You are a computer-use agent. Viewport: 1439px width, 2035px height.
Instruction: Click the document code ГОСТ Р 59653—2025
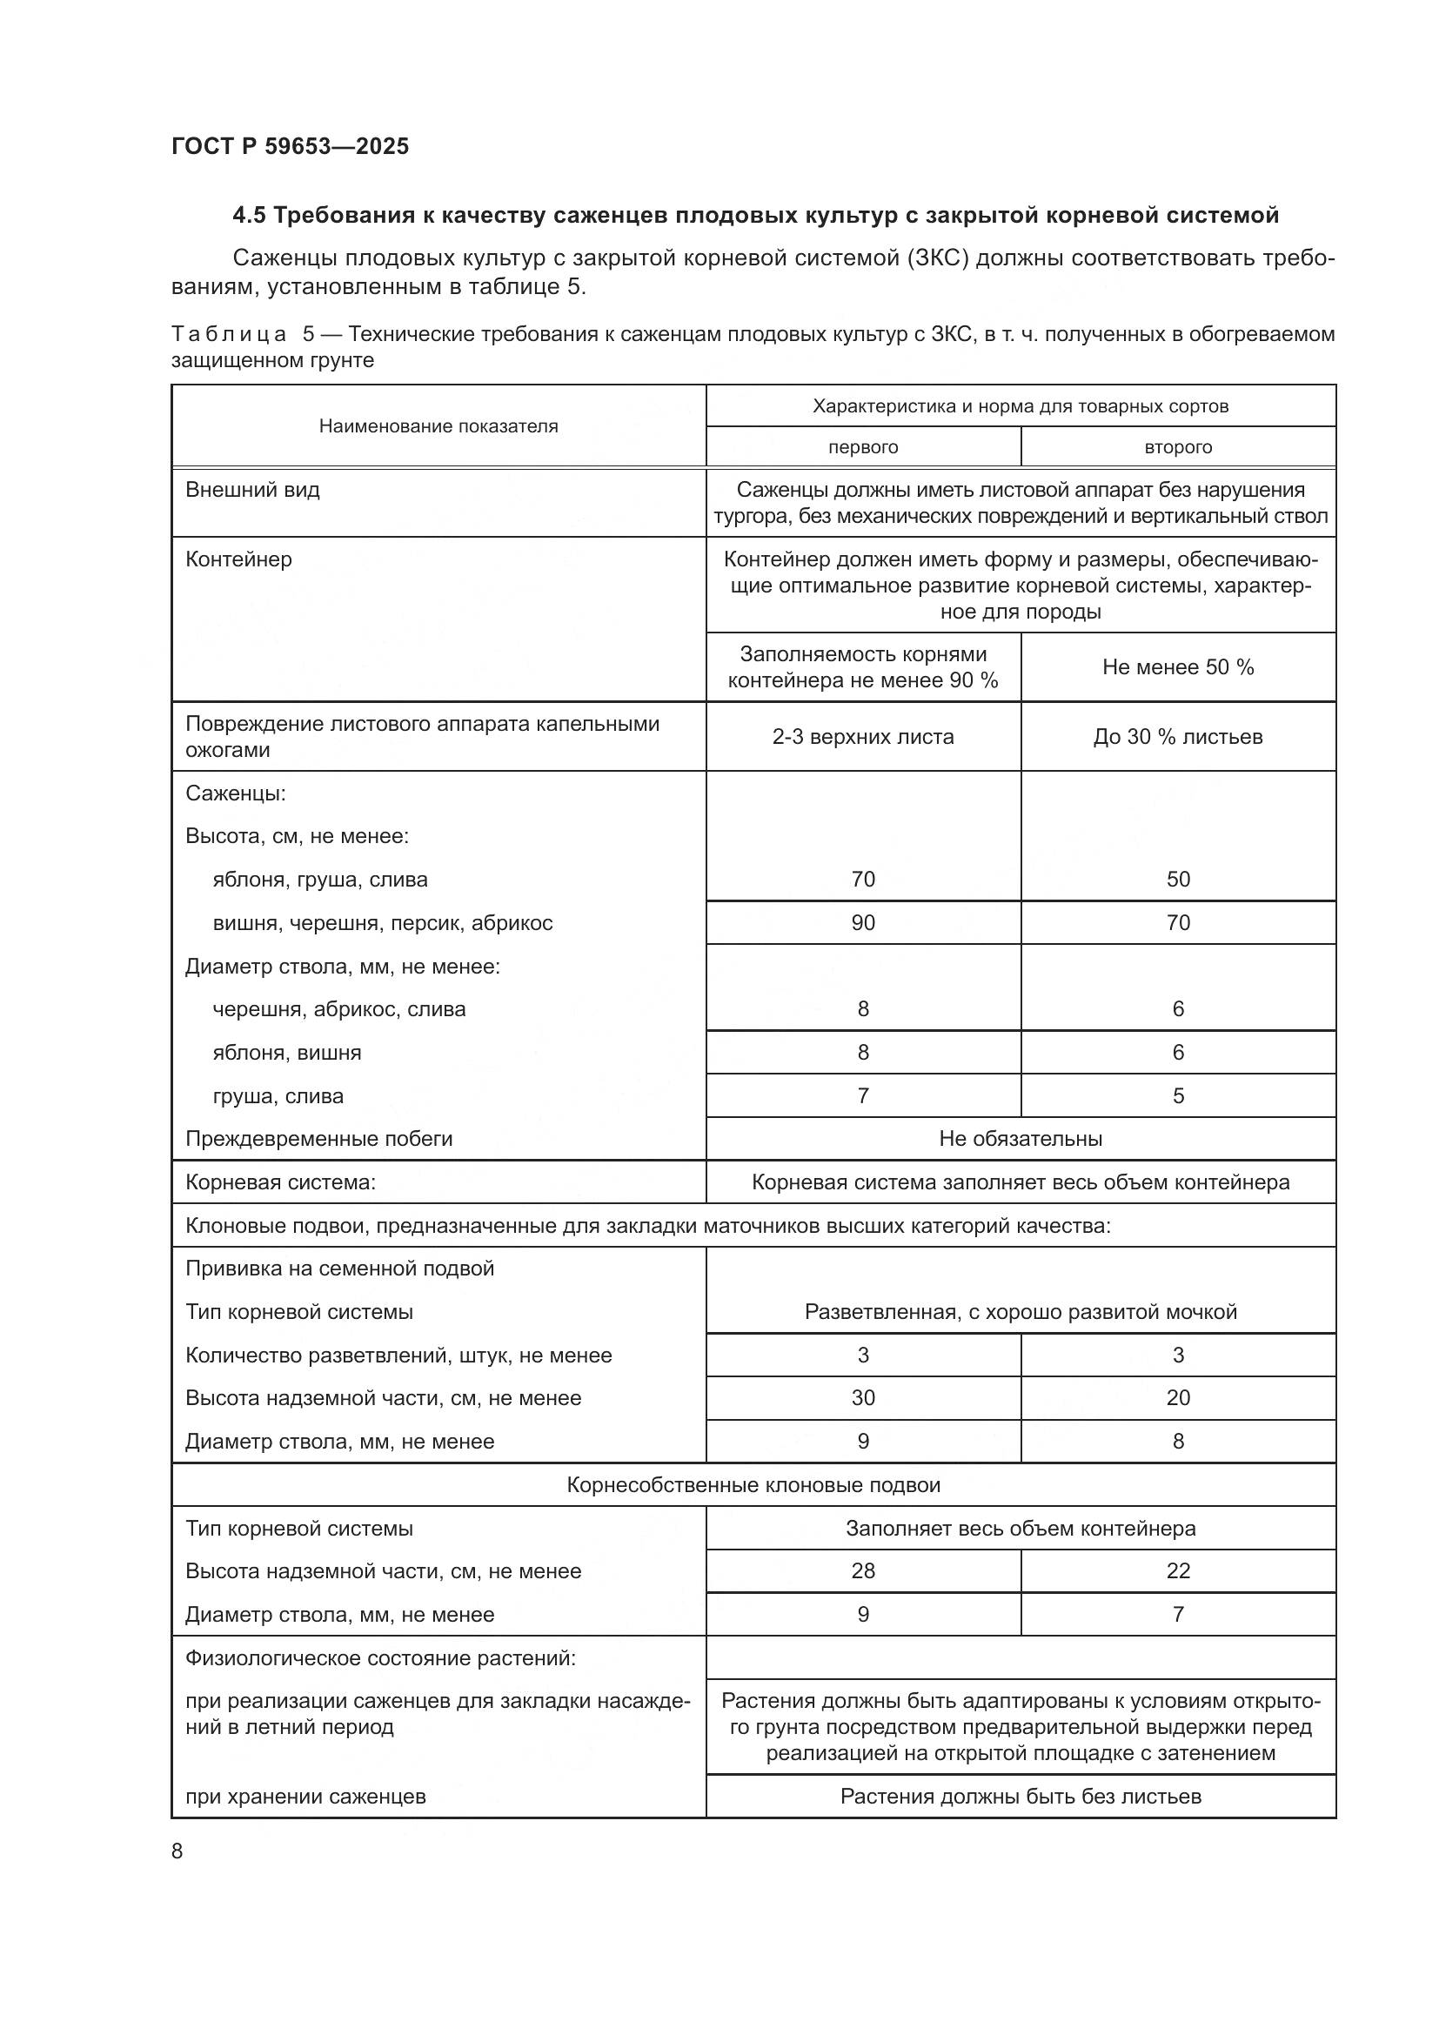click(x=290, y=146)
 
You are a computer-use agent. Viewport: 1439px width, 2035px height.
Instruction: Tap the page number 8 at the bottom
click(x=177, y=1851)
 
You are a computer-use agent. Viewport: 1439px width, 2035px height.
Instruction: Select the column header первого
click(x=862, y=447)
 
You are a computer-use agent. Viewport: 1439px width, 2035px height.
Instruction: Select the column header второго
click(x=1178, y=447)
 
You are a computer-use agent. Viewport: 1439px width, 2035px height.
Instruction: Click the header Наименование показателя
click(x=438, y=426)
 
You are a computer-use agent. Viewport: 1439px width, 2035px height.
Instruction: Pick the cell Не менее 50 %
click(x=1178, y=667)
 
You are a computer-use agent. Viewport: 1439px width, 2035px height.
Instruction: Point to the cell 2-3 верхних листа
click(x=862, y=737)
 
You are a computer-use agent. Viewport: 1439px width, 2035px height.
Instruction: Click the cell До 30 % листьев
click(x=1178, y=737)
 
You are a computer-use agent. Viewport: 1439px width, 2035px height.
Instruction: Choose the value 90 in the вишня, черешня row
click(x=862, y=922)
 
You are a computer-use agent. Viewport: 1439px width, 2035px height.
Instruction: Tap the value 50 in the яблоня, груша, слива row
click(x=1178, y=880)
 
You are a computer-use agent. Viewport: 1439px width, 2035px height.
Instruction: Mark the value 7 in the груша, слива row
click(x=862, y=1095)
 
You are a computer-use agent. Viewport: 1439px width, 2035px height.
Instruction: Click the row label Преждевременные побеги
click(x=319, y=1139)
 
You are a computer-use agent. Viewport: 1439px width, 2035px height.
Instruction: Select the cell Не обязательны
click(x=1020, y=1139)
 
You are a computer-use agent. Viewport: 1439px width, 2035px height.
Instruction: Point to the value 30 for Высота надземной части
click(x=862, y=1398)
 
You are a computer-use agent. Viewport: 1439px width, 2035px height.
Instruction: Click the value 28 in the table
click(x=862, y=1570)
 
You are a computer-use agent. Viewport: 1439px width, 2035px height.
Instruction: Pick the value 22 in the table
click(x=1178, y=1570)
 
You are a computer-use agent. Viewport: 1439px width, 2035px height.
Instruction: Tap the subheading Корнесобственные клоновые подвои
click(x=753, y=1484)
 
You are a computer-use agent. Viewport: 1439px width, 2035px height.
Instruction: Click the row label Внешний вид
click(x=252, y=490)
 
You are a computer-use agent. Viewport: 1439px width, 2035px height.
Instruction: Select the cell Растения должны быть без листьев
click(x=1020, y=1797)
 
